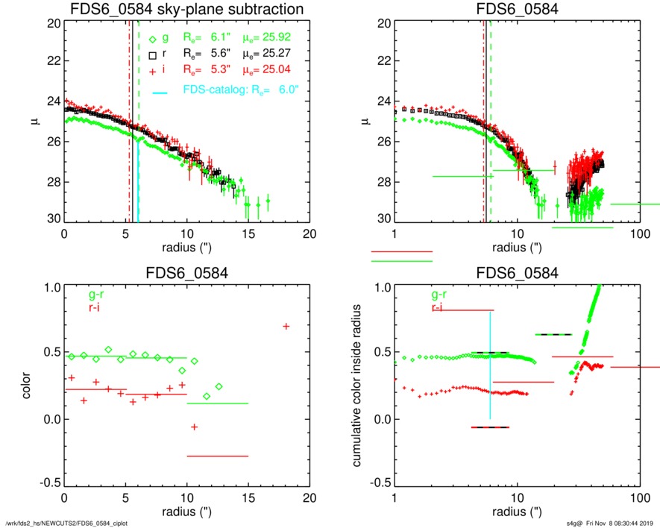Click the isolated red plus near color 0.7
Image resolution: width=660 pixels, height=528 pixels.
tap(286, 326)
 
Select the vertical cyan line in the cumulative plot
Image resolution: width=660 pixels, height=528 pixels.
tap(490, 365)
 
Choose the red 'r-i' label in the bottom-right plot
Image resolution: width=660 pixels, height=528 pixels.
tap(440, 307)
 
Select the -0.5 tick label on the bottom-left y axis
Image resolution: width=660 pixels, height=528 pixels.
tap(49, 484)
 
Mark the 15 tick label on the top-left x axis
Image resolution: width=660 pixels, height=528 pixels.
tap(249, 233)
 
